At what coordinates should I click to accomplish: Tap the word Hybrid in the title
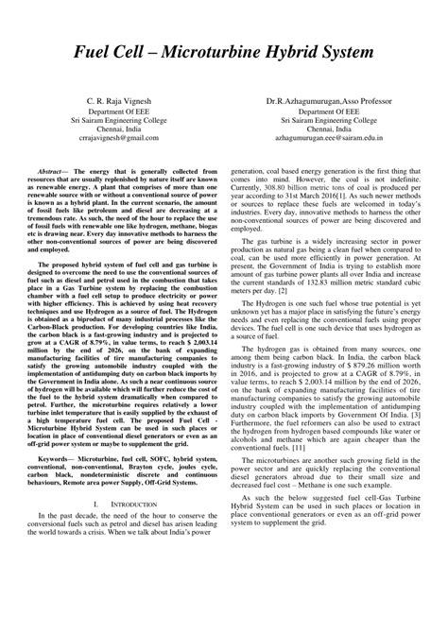click(306, 54)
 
